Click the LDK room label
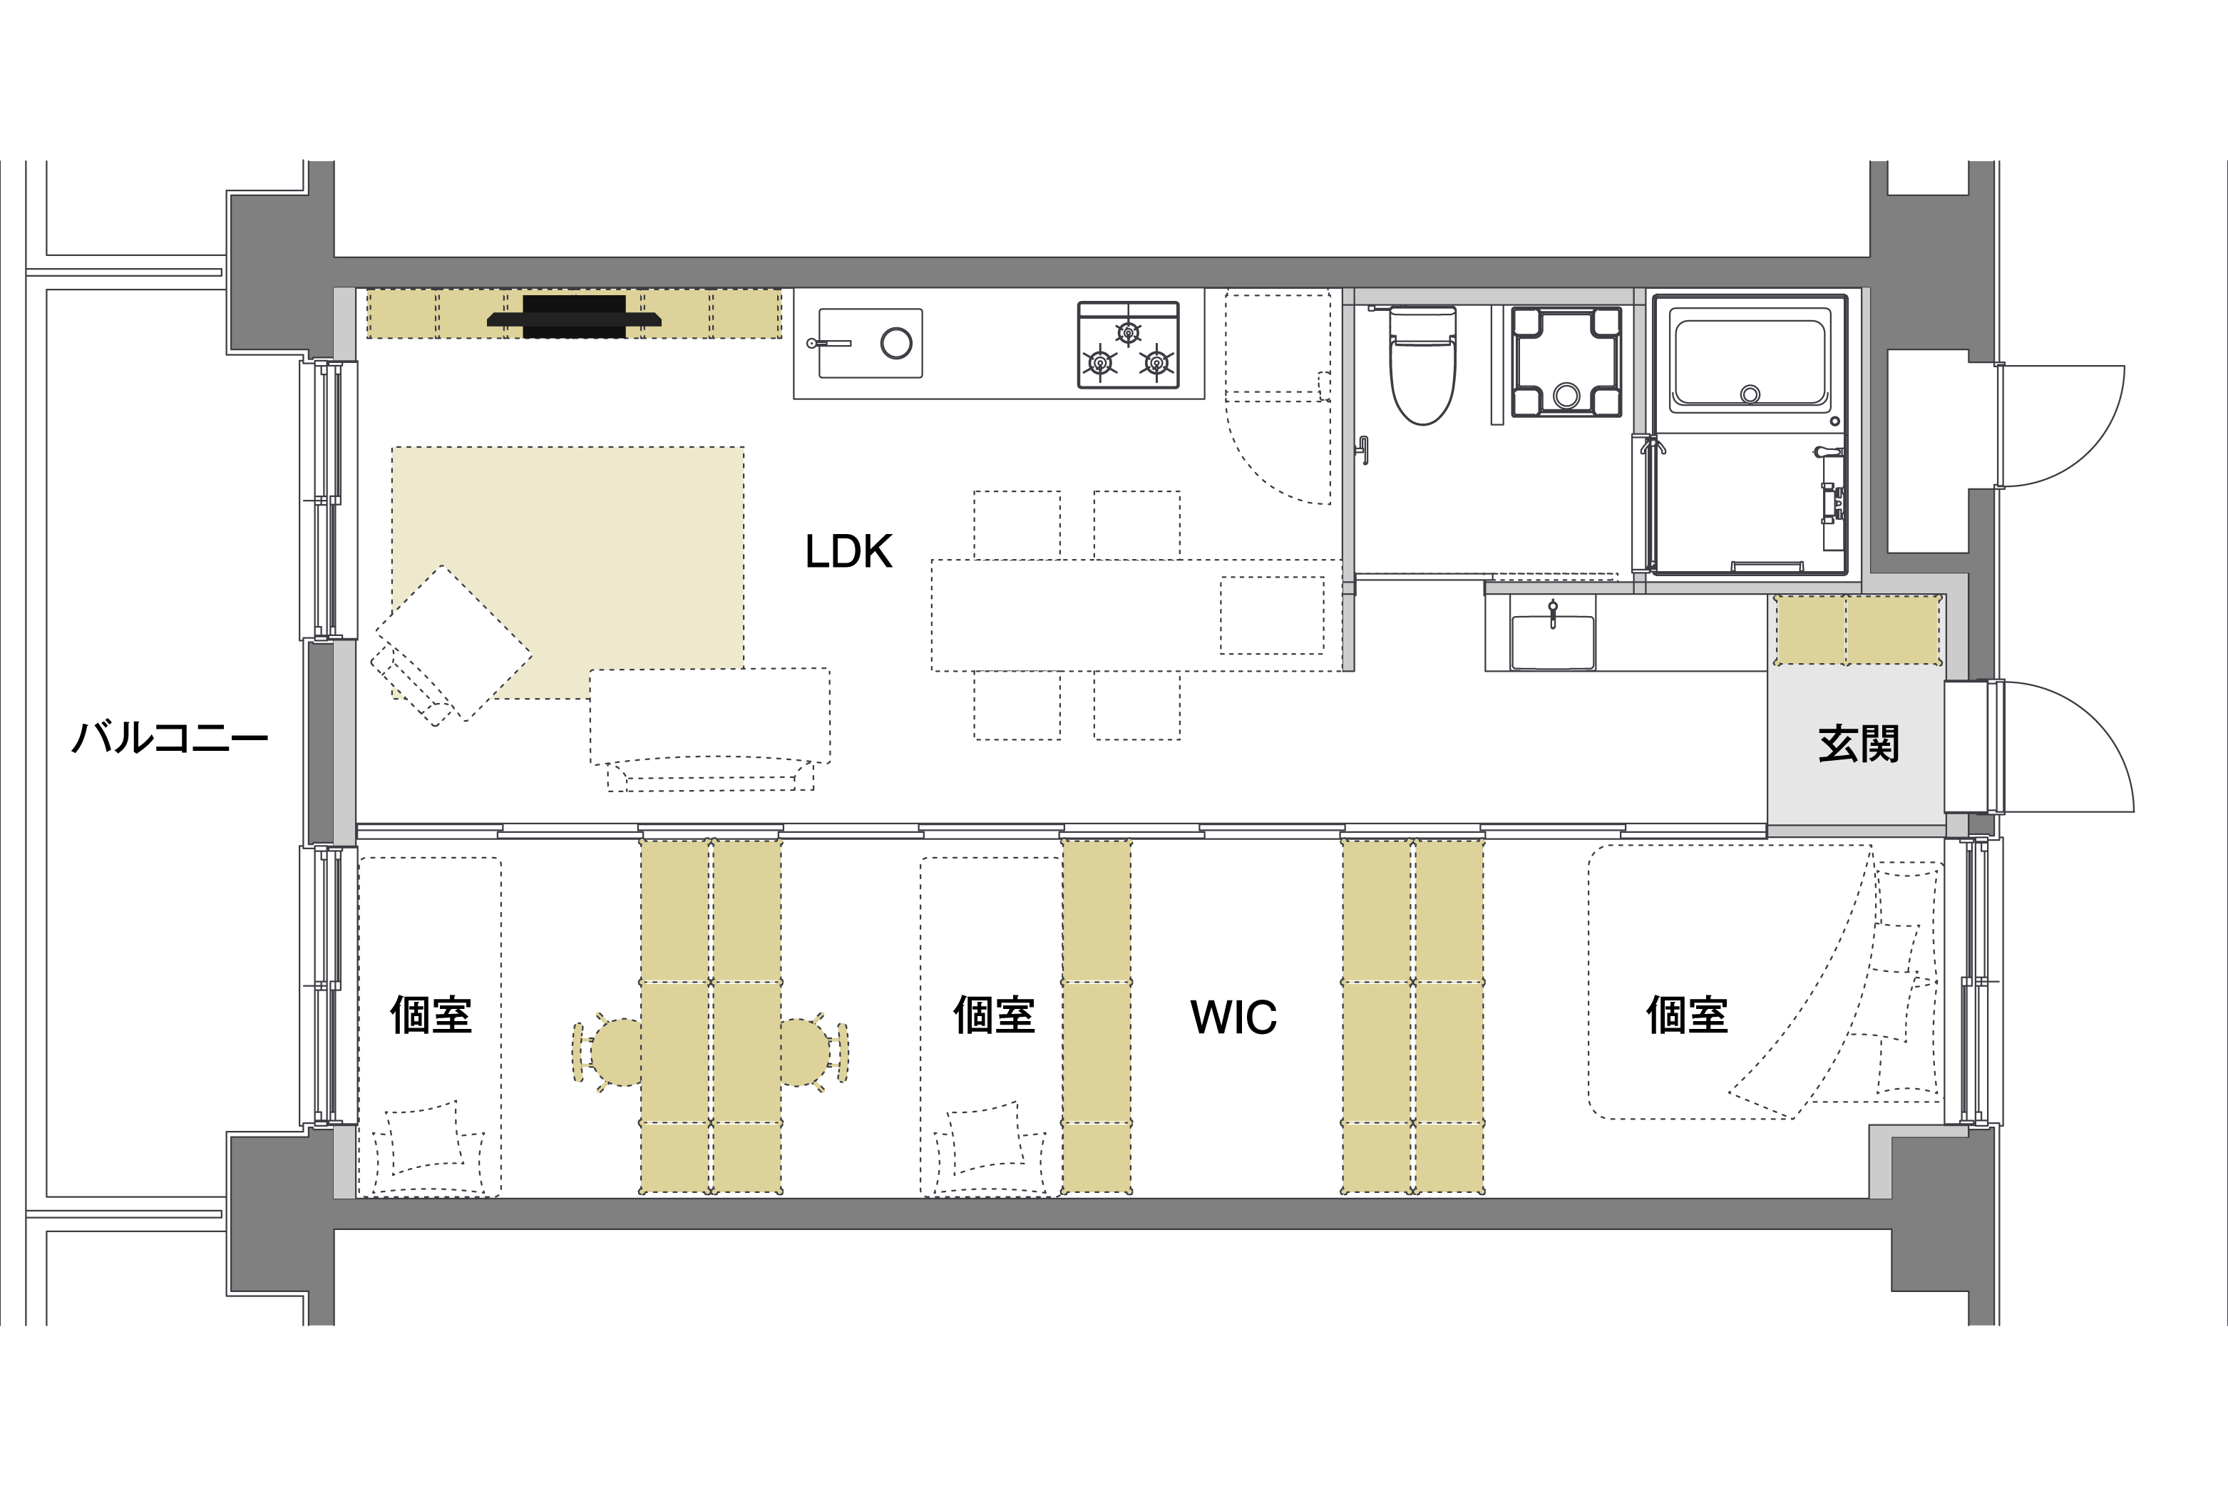[848, 552]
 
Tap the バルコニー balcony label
[170, 737]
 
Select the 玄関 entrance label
[1859, 744]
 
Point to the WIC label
[1233, 1017]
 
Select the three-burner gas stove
[1128, 345]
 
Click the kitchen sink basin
[870, 343]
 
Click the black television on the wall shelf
[575, 317]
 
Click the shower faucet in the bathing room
[1832, 498]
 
